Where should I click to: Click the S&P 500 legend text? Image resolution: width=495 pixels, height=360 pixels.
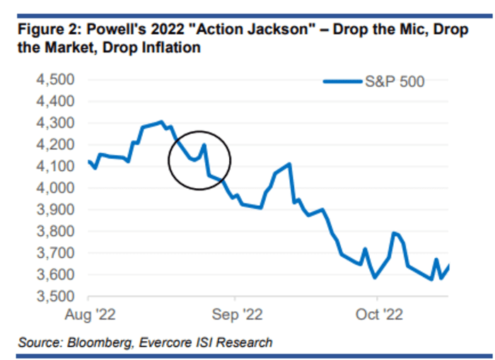pos(395,82)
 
